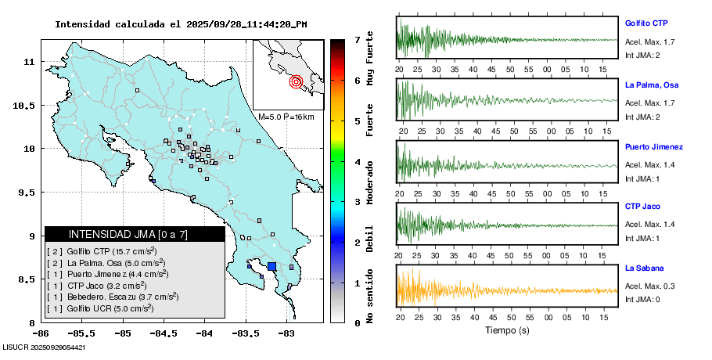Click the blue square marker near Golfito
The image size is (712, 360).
(x=271, y=267)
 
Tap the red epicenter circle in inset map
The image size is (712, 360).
(x=296, y=81)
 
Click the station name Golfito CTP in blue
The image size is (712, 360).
(x=646, y=23)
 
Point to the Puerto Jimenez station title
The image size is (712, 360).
(x=654, y=147)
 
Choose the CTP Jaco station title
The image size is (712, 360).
(x=642, y=207)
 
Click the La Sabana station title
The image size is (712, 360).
(x=644, y=268)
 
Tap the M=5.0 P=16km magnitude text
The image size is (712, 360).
(x=286, y=117)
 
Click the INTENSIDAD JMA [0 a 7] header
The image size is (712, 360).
(x=135, y=234)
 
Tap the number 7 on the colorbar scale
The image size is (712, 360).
(x=357, y=39)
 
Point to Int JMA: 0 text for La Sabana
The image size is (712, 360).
(x=642, y=300)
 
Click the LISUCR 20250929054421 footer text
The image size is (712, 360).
(x=44, y=347)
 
